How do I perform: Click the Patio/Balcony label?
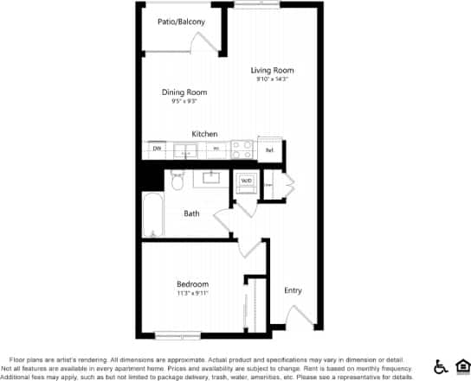(x=182, y=22)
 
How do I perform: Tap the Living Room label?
(x=273, y=71)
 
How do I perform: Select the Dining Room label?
(x=184, y=92)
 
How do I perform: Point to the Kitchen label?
(x=204, y=134)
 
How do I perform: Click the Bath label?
(x=192, y=213)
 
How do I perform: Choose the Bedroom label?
(x=192, y=284)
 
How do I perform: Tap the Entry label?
(x=294, y=290)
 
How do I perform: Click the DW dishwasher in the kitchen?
(x=158, y=149)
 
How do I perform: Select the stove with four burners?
(x=242, y=149)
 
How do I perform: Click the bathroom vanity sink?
(x=211, y=179)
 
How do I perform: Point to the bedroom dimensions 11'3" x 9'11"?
(x=192, y=294)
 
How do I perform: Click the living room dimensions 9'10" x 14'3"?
(x=272, y=79)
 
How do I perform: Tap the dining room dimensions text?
(x=184, y=101)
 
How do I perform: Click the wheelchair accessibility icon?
(x=439, y=366)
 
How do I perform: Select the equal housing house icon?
(x=461, y=366)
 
